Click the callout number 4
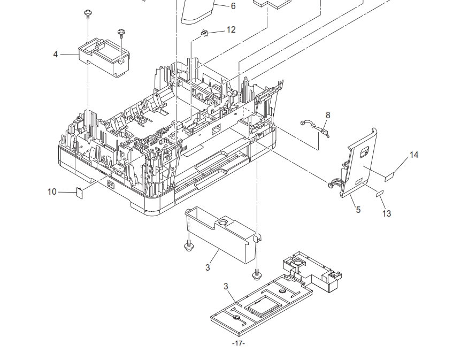click(x=55, y=55)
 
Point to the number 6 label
click(x=233, y=6)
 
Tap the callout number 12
click(x=231, y=30)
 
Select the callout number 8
click(x=328, y=115)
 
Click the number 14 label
click(x=414, y=155)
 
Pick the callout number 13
click(x=387, y=213)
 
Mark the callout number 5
click(x=358, y=210)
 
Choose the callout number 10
click(x=52, y=192)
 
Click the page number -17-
click(x=239, y=343)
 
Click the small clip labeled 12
click(x=205, y=33)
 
